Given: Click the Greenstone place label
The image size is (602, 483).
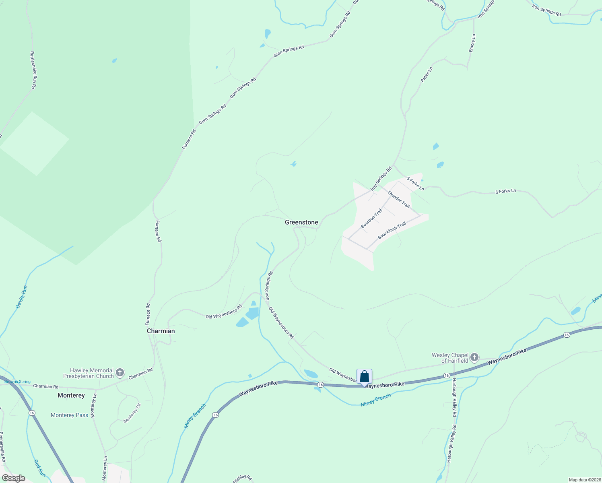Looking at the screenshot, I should pyautogui.click(x=301, y=222).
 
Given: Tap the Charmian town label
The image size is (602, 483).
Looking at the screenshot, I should pyautogui.click(x=161, y=331).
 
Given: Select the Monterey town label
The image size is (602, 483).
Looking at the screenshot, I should pyautogui.click(x=71, y=395).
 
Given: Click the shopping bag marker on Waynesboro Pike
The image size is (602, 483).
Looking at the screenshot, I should pyautogui.click(x=364, y=377).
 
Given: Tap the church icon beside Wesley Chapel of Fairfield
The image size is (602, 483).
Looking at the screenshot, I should pyautogui.click(x=474, y=357).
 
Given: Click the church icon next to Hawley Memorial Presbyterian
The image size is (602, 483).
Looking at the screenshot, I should pyautogui.click(x=120, y=373).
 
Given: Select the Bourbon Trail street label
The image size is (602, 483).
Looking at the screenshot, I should pyautogui.click(x=371, y=219).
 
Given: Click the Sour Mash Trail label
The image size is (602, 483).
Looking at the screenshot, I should pyautogui.click(x=392, y=231).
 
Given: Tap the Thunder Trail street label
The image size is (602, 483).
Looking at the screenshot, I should pyautogui.click(x=398, y=199).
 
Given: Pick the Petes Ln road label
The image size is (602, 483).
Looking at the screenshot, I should pyautogui.click(x=427, y=74).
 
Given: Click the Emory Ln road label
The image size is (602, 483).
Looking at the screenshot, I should pyautogui.click(x=472, y=43).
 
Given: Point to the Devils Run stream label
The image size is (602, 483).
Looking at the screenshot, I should pyautogui.click(x=22, y=297).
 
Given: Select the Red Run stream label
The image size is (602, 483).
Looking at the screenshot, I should pyautogui.click(x=37, y=468).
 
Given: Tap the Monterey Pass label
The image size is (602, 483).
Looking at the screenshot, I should pyautogui.click(x=69, y=415).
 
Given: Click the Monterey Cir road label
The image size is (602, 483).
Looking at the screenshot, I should pyautogui.click(x=132, y=413).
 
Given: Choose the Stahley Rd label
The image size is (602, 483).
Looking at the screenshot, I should pyautogui.click(x=242, y=479).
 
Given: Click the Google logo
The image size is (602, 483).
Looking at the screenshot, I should pyautogui.click(x=14, y=478).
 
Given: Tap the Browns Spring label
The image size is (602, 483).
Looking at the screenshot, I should pyautogui.click(x=17, y=382).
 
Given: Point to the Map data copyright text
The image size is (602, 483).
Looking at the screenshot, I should pyautogui.click(x=584, y=480).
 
